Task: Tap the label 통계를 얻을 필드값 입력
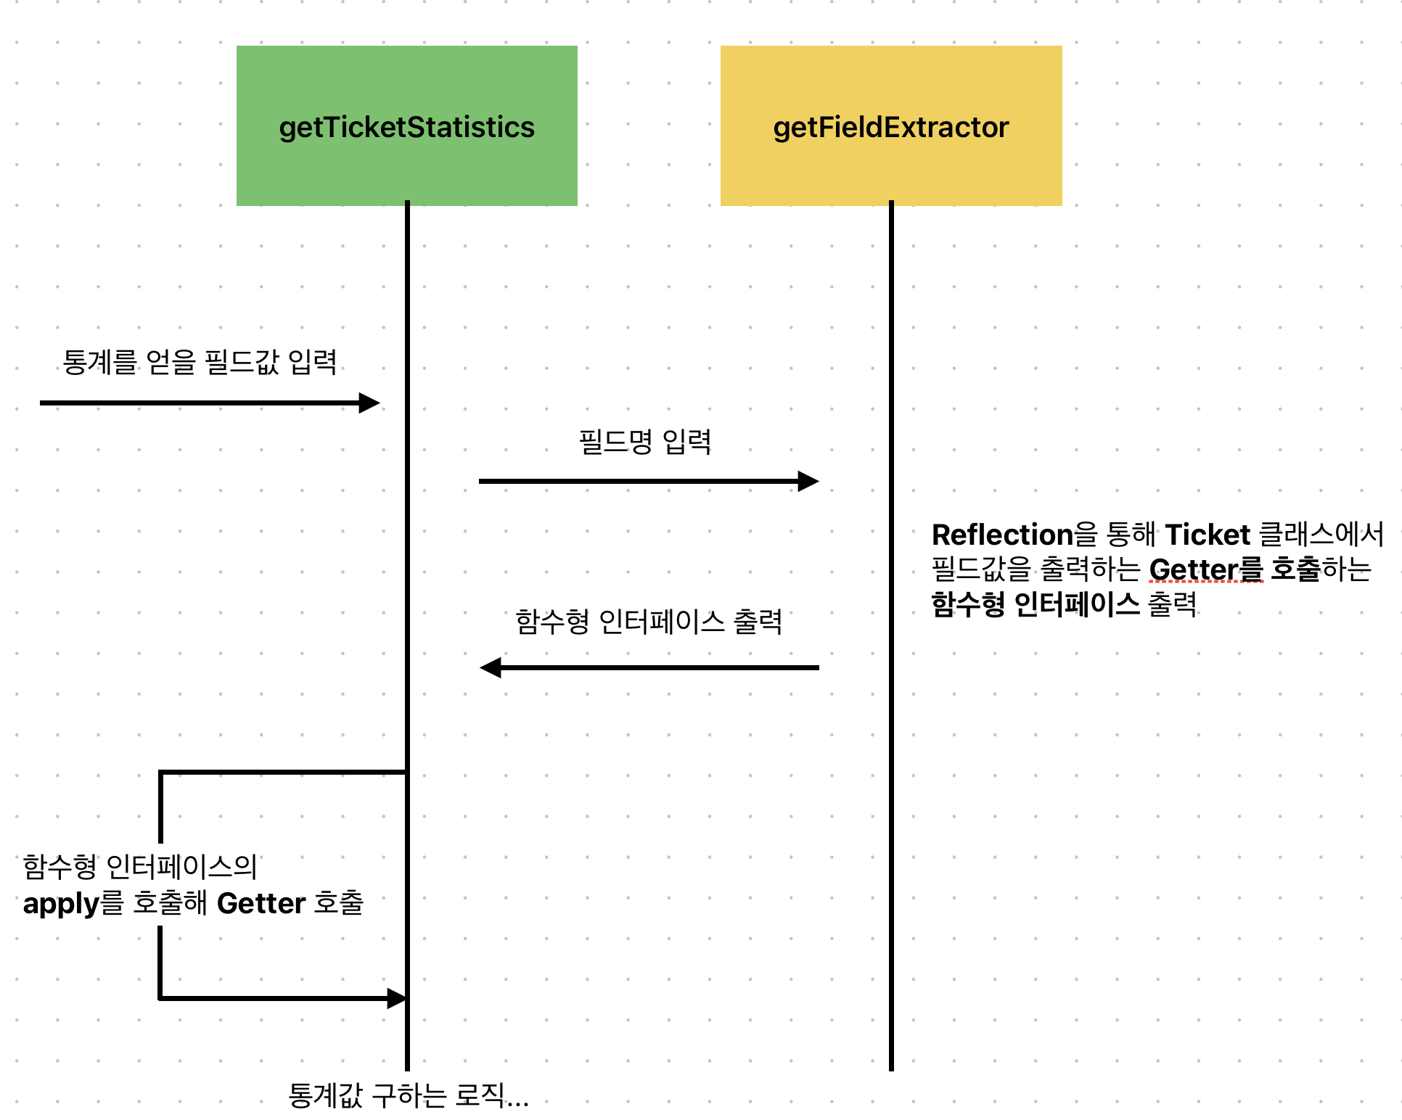(x=200, y=361)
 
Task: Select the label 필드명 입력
(x=644, y=441)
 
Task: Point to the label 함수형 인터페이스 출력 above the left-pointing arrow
(x=649, y=622)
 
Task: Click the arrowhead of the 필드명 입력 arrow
(x=808, y=481)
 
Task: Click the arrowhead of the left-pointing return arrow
(x=491, y=667)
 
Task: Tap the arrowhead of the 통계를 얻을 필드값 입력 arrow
(x=369, y=403)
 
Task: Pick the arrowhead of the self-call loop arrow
(x=396, y=998)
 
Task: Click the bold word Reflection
(x=1002, y=535)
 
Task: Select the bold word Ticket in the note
(x=1208, y=535)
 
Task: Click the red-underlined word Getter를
(x=1206, y=569)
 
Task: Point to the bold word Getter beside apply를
(x=261, y=904)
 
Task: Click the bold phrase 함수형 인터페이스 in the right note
(x=1035, y=604)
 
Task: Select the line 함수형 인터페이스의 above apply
(x=140, y=866)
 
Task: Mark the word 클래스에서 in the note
(x=1321, y=535)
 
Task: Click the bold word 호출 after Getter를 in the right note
(x=1295, y=569)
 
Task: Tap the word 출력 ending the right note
(x=1172, y=604)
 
